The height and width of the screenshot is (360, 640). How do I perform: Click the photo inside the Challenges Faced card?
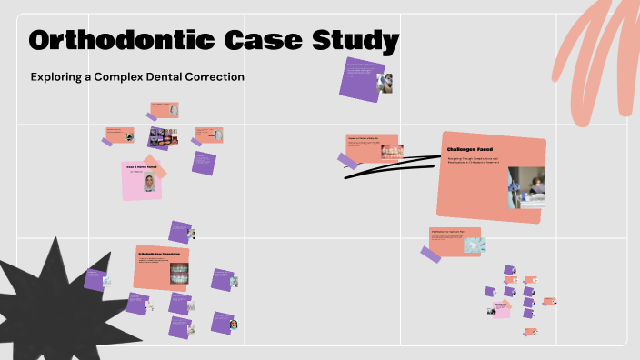[526, 187]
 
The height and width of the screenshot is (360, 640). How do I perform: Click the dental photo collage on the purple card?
[164, 137]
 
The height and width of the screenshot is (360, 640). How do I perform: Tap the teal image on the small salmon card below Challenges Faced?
[475, 245]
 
